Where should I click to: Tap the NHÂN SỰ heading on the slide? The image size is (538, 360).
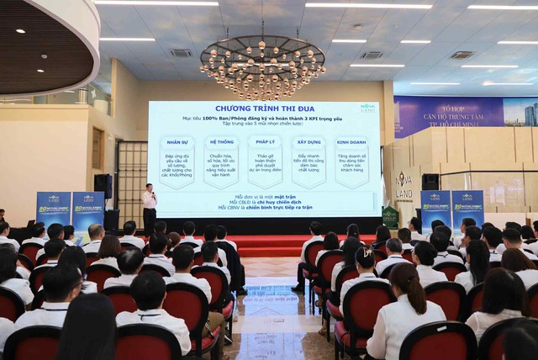[x=177, y=142]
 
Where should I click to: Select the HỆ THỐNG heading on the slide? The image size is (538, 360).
[x=222, y=142]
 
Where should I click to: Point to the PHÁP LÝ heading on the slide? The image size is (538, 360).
[x=265, y=142]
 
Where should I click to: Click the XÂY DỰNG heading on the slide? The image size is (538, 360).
[x=308, y=142]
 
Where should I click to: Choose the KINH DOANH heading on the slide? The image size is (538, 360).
[x=352, y=142]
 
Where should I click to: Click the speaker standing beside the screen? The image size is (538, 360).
[x=150, y=208]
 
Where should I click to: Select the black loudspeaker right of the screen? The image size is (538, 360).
[x=430, y=182]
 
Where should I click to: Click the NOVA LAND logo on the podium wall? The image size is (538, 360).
[x=404, y=184]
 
